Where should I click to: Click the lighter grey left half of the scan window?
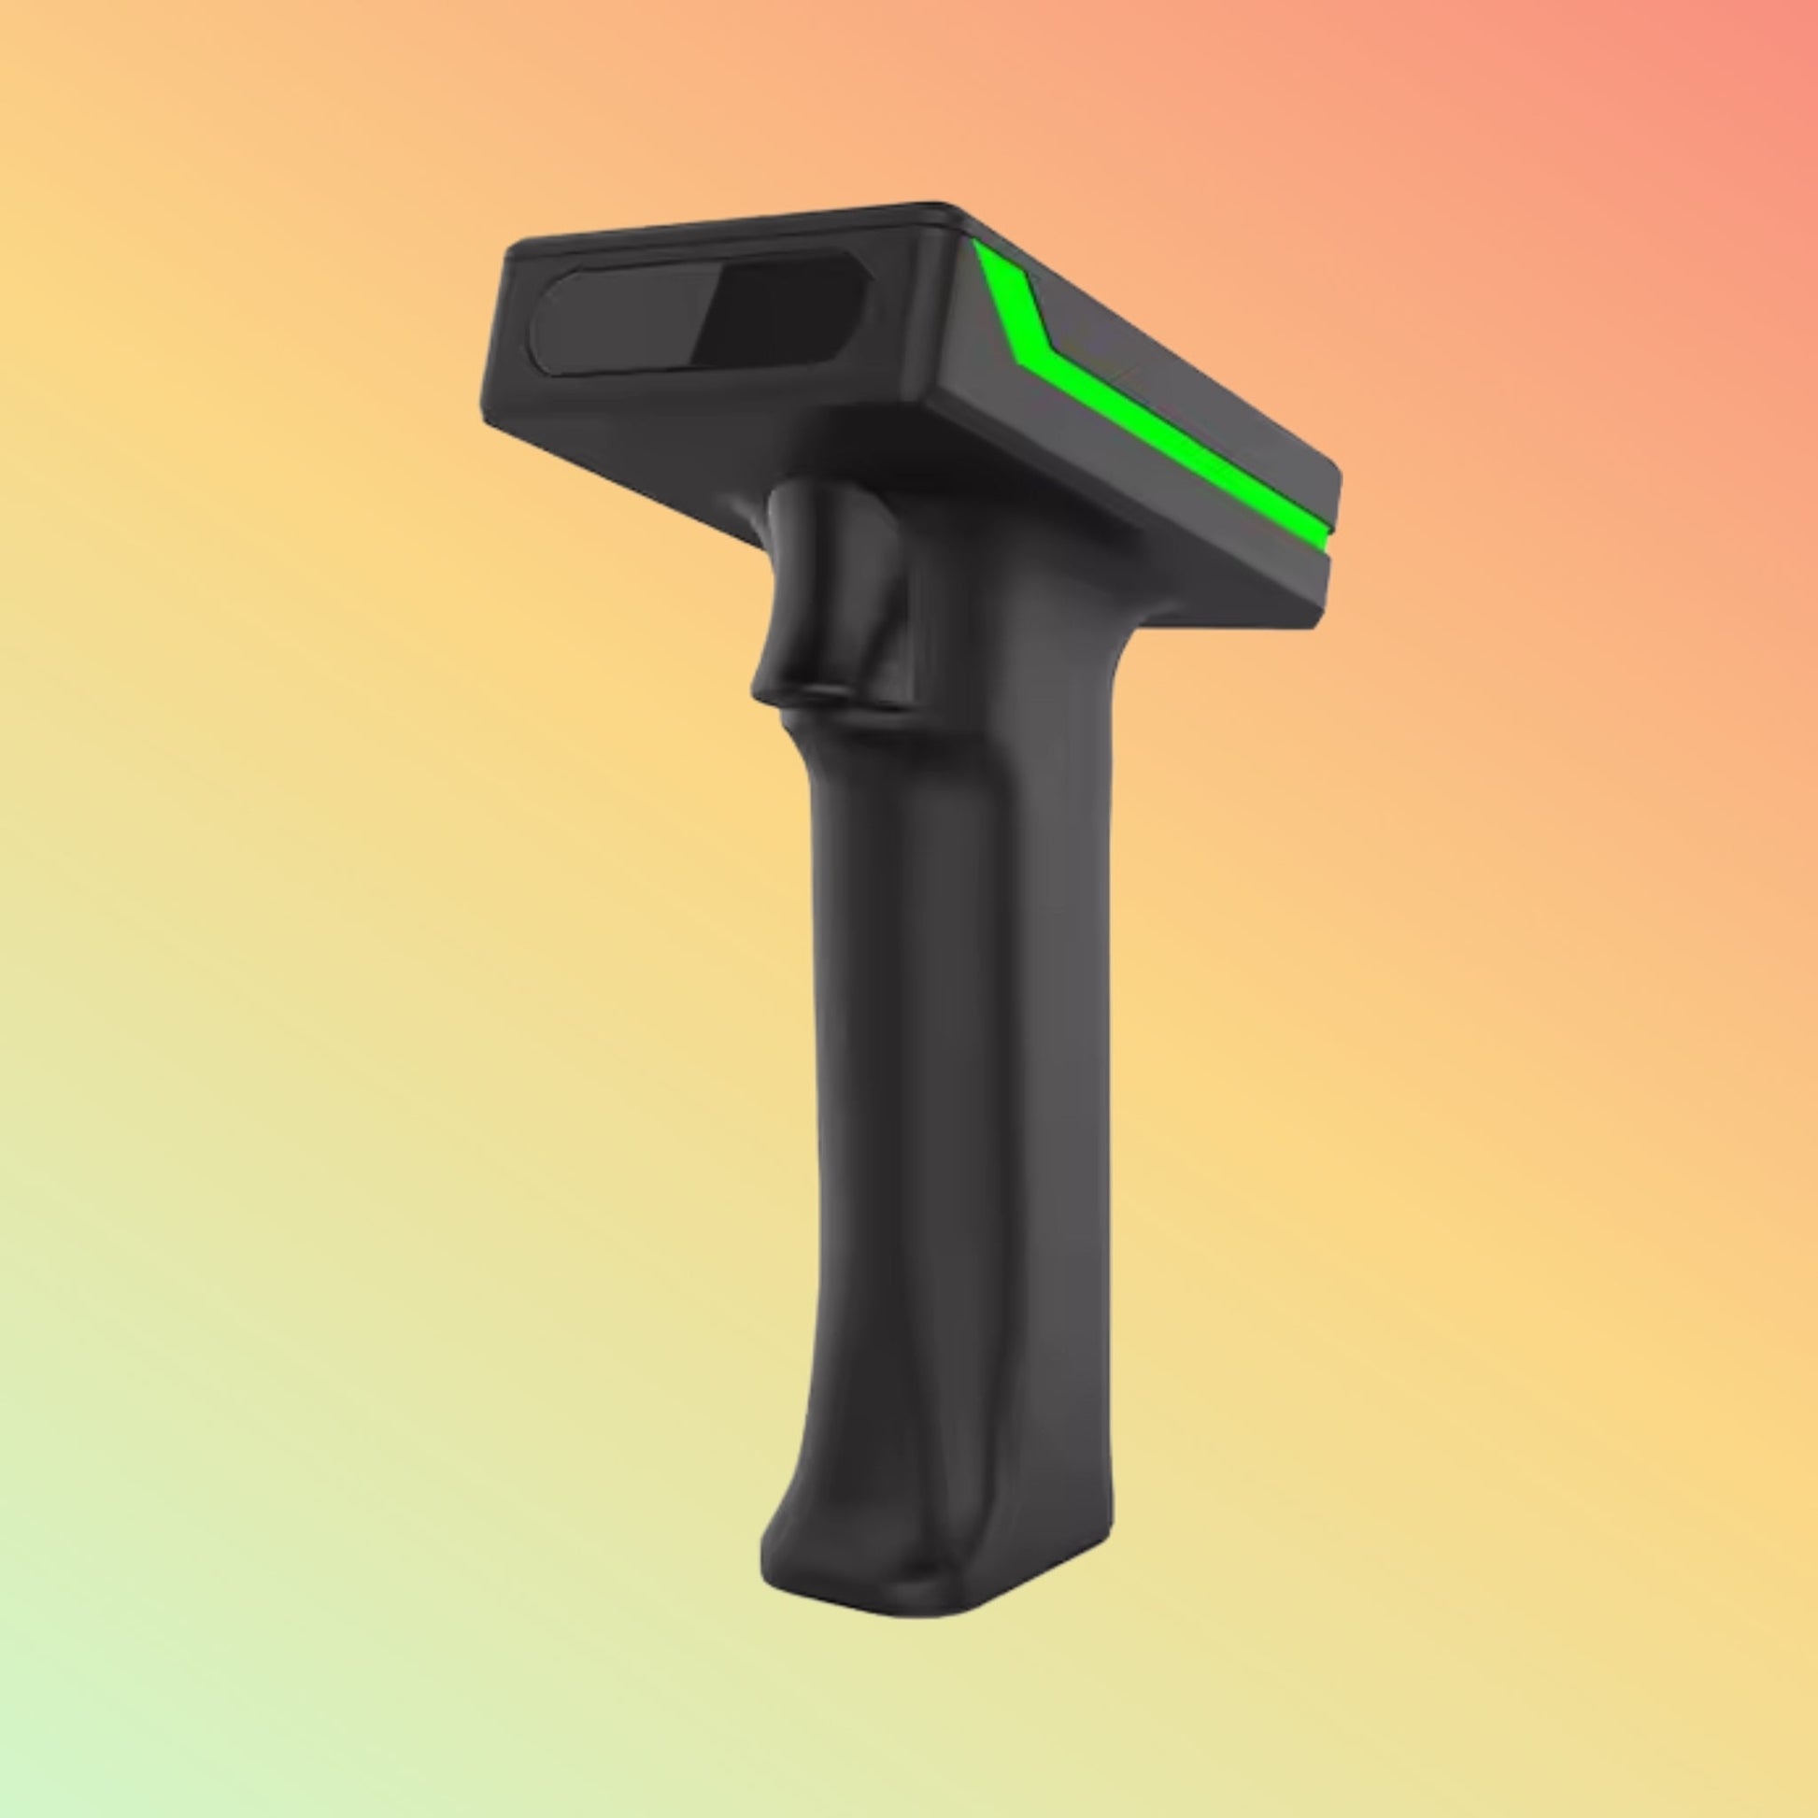(617, 321)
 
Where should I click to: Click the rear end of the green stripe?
(1317, 532)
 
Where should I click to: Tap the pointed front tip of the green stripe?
(984, 249)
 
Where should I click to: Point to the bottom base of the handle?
(931, 1599)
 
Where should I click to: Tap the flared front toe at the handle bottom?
(781, 1543)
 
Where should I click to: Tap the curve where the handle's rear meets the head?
(1129, 640)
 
